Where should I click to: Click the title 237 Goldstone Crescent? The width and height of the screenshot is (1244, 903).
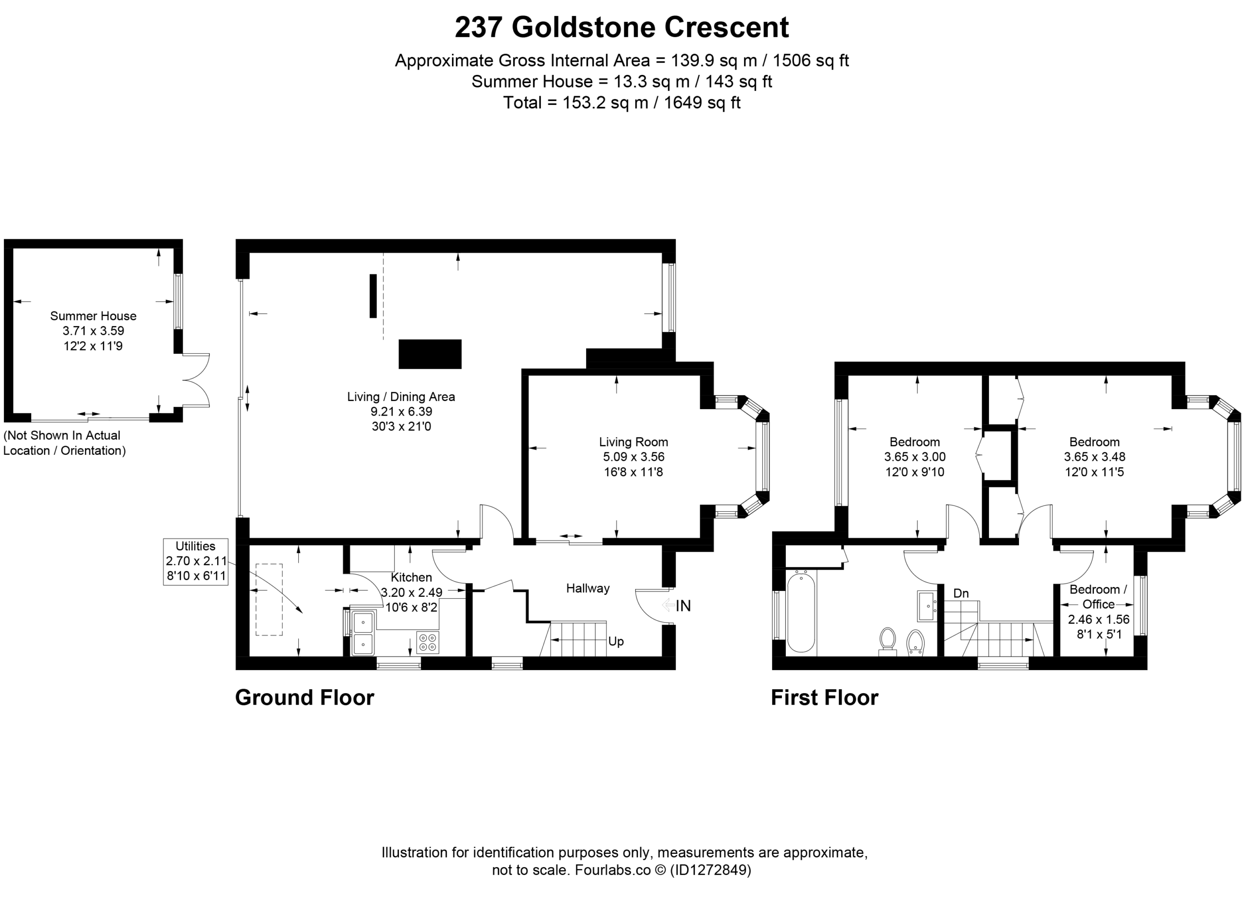(x=622, y=27)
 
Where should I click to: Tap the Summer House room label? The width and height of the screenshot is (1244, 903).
(x=93, y=316)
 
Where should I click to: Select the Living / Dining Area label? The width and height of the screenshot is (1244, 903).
(x=401, y=397)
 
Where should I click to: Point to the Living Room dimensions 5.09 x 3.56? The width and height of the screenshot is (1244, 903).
(x=634, y=456)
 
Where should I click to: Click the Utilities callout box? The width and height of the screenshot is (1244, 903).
(x=196, y=562)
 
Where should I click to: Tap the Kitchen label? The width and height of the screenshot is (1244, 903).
(x=412, y=577)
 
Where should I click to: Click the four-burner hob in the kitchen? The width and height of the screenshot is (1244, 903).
(x=428, y=643)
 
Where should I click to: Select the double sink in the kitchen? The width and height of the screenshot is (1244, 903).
(x=363, y=633)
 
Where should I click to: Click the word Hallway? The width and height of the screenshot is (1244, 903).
(x=588, y=589)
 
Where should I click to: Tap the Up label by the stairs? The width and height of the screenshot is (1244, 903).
(x=616, y=642)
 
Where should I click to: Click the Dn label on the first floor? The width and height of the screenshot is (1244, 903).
(x=961, y=593)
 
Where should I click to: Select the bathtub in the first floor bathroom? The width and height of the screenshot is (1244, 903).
(x=801, y=612)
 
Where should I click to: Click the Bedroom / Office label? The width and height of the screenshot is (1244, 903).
(x=1098, y=597)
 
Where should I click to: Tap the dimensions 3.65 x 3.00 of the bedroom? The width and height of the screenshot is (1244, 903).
(x=915, y=456)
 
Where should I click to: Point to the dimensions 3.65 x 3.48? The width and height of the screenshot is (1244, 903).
(x=1095, y=456)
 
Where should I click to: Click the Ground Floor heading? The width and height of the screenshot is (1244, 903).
(x=304, y=698)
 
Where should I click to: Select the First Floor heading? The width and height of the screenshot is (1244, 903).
(x=825, y=698)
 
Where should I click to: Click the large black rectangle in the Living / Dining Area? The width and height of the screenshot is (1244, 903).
(x=430, y=354)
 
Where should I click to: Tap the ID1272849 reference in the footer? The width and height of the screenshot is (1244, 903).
(x=710, y=870)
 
